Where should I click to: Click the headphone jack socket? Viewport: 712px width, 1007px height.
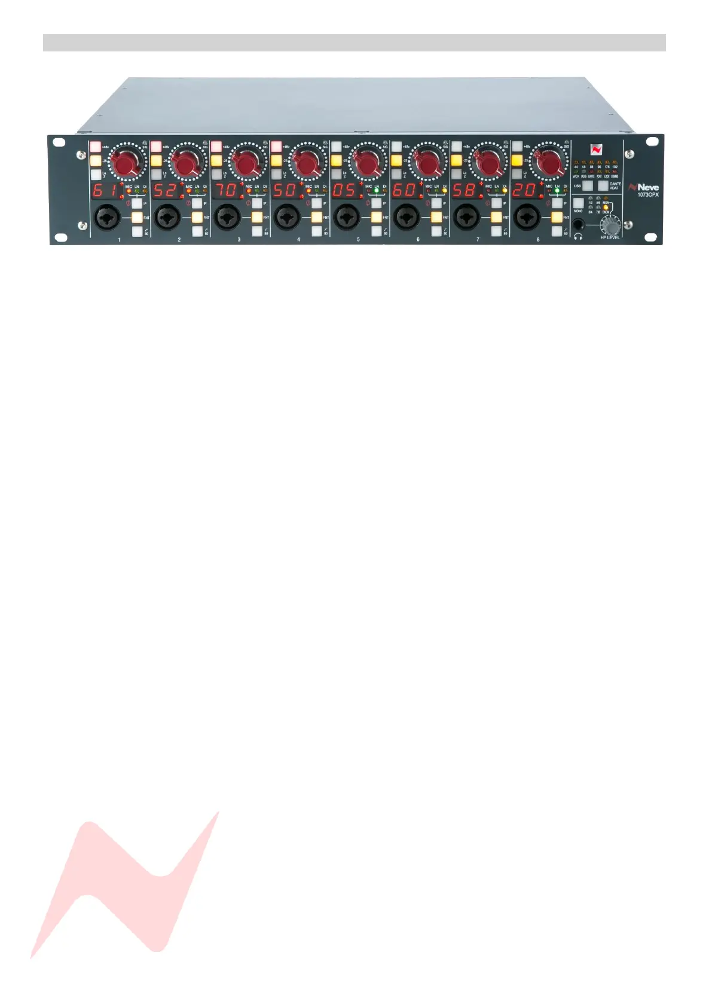[x=579, y=225]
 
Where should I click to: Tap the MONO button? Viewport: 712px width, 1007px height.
[x=578, y=203]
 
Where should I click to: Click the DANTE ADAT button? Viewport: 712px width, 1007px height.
[x=603, y=186]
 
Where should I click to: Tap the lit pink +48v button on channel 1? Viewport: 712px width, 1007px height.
[x=95, y=147]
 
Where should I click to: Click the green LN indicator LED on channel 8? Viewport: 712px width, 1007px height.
[x=557, y=192]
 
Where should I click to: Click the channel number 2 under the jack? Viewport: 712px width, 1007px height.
[x=179, y=239]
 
